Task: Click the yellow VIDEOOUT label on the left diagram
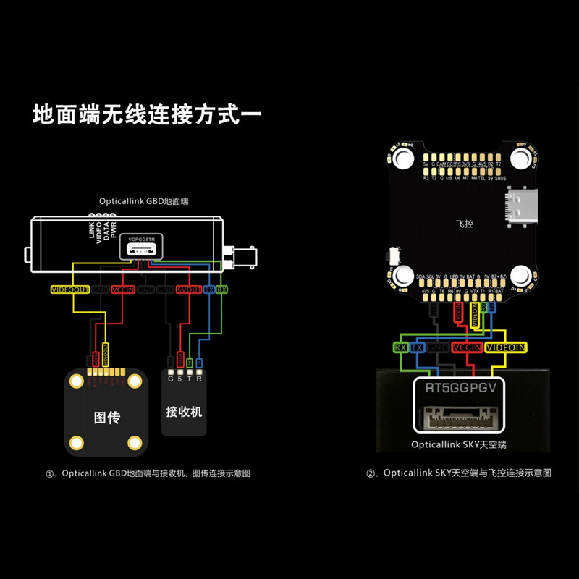coord(70,289)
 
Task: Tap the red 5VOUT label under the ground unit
coord(189,289)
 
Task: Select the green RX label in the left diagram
coord(222,289)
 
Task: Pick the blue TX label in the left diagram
coord(209,289)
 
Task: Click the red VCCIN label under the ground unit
coord(124,289)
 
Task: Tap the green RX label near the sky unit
coord(400,347)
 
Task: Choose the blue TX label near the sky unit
coord(417,347)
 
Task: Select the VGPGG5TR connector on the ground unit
coord(140,246)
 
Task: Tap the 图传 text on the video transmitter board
coord(106,418)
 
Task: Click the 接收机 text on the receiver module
coord(185,412)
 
